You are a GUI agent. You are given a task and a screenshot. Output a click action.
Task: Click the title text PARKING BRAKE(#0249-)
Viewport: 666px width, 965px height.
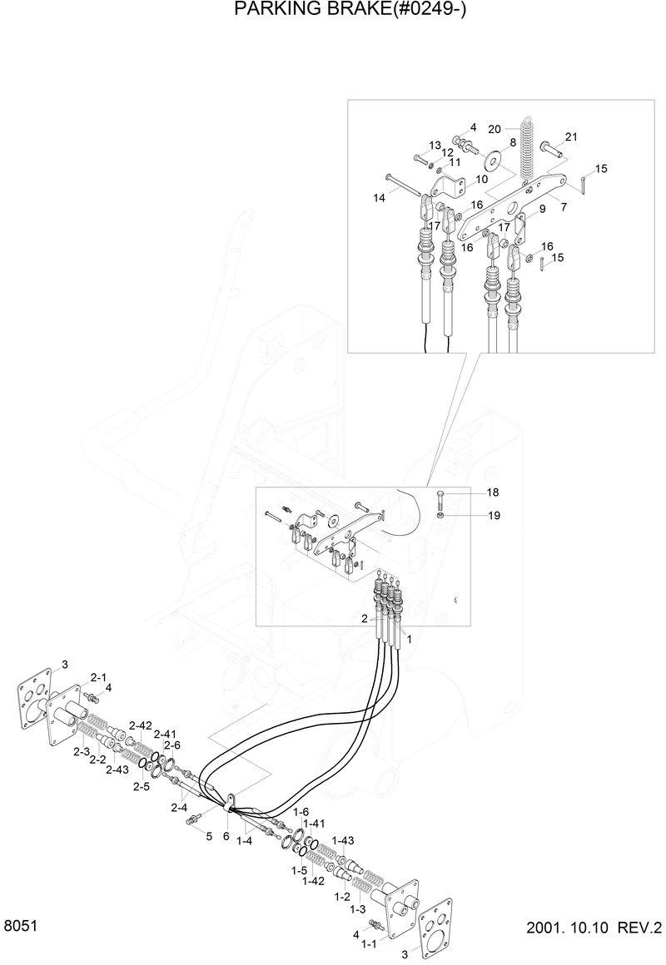click(333, 10)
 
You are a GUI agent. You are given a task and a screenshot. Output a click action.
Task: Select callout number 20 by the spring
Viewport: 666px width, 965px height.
click(495, 129)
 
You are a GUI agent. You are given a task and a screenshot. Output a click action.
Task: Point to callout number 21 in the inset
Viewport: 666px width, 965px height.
click(571, 137)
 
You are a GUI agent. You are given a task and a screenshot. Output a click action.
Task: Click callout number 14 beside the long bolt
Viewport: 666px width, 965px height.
click(380, 199)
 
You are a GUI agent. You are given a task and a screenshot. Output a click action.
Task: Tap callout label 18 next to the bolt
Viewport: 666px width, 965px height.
click(493, 492)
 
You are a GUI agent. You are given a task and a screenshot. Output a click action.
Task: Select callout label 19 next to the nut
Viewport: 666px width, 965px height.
click(493, 516)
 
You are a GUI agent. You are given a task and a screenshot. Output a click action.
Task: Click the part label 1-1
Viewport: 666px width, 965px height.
click(368, 943)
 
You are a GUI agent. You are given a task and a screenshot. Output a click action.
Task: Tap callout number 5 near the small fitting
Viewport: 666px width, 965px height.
click(210, 836)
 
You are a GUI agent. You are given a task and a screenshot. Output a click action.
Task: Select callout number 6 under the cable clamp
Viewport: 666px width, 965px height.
click(226, 836)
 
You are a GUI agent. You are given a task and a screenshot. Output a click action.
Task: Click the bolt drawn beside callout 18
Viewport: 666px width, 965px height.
click(440, 501)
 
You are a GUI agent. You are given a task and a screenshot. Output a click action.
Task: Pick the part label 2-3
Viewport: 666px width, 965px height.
click(81, 752)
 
